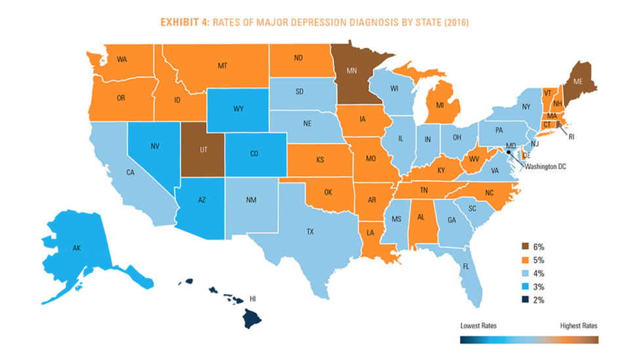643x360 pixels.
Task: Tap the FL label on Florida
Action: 465,267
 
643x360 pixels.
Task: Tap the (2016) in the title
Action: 452,22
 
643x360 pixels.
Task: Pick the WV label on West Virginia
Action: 473,160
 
